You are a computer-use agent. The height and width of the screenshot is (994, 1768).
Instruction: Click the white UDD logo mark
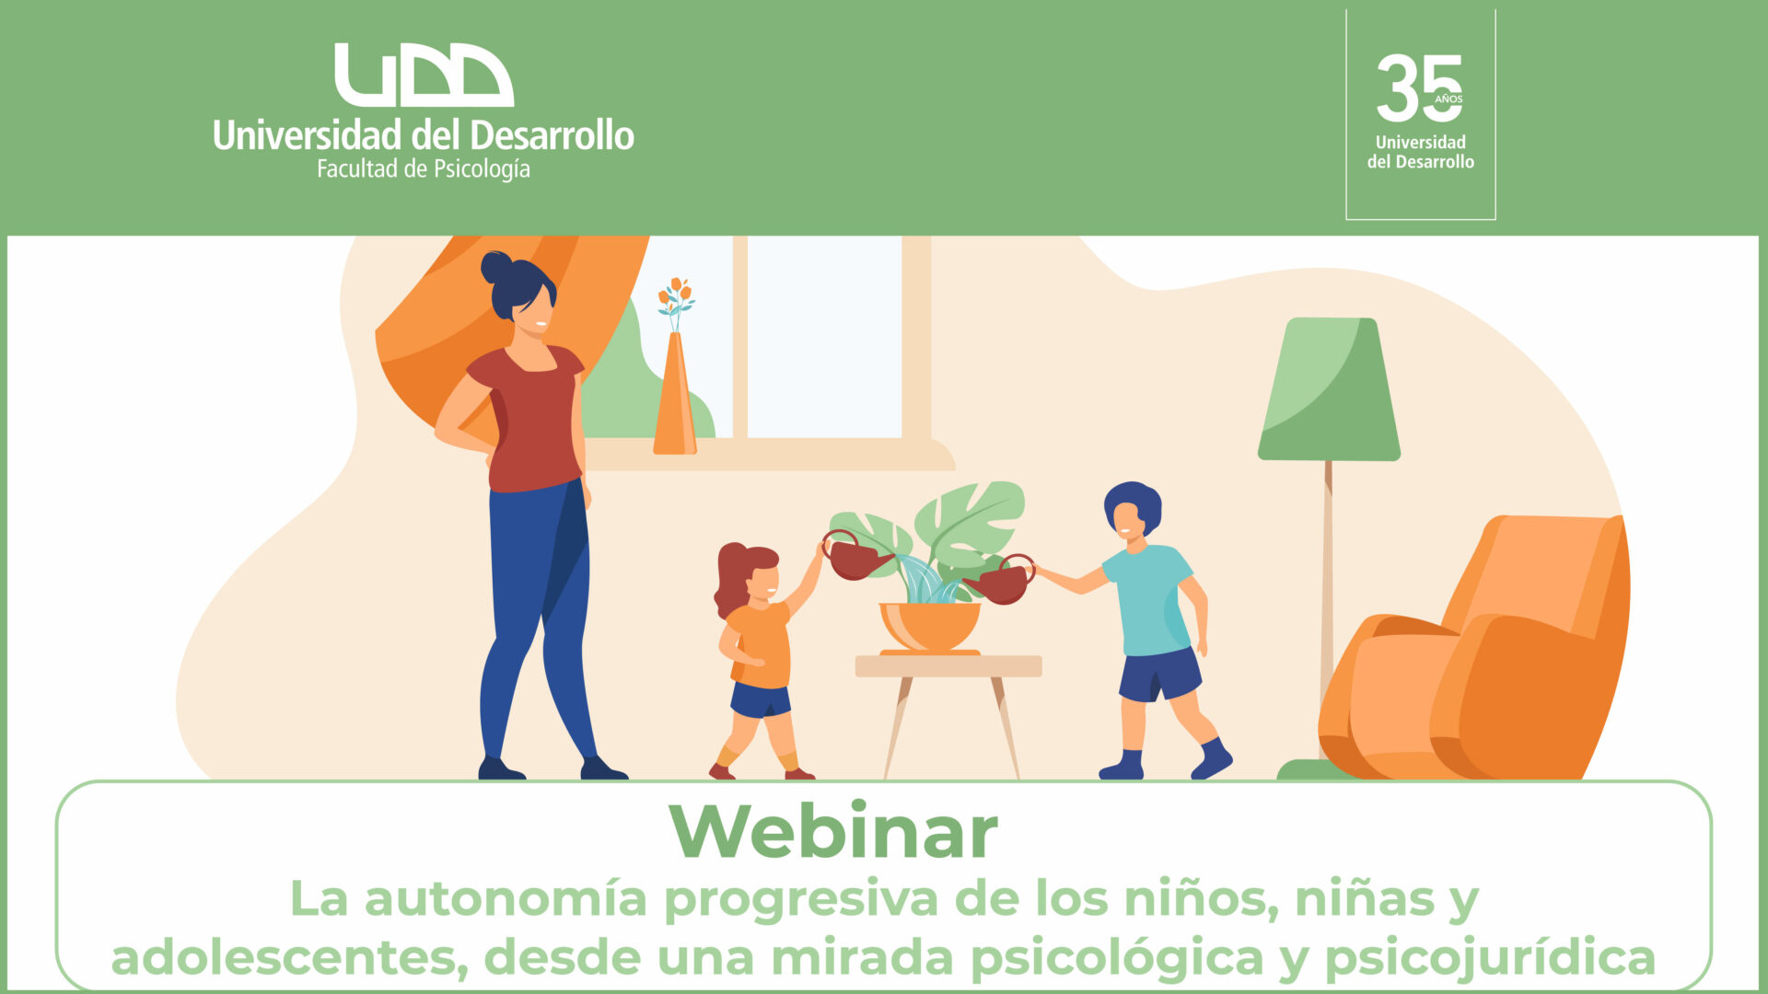coord(424,75)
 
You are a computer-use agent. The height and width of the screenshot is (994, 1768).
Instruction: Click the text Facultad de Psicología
coord(424,168)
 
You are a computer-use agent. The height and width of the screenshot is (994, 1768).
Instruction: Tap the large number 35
coord(1419,87)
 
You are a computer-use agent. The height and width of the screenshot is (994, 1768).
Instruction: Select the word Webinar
coord(833,832)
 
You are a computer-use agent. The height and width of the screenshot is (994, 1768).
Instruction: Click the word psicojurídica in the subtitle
coord(1489,958)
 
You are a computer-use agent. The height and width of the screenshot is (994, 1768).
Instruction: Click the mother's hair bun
coord(496,267)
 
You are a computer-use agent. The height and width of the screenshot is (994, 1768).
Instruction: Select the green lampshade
coord(1329,388)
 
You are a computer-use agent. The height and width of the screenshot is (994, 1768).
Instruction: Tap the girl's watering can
coord(855,556)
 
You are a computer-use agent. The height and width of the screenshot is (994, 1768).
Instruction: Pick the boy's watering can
coord(1001,580)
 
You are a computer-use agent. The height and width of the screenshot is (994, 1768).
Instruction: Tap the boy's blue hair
coord(1134,504)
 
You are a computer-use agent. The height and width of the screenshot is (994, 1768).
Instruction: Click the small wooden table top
coord(948,666)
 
